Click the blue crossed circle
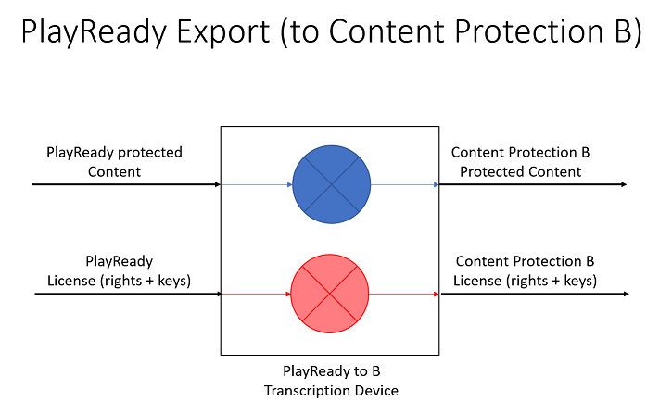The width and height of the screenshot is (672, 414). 331,183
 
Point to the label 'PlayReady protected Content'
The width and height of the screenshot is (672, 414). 114,161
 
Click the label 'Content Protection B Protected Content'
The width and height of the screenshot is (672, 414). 520,161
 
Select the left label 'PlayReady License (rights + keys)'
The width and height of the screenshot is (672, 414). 119,271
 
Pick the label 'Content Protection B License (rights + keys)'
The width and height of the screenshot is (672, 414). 525,271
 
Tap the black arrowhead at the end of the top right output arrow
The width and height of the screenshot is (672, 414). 624,184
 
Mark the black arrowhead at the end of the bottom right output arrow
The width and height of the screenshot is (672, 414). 627,295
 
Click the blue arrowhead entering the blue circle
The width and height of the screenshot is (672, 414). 290,184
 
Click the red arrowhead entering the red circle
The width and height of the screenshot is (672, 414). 288,295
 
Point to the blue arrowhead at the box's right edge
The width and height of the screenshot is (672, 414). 436,184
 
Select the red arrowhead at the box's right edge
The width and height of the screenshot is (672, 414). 436,295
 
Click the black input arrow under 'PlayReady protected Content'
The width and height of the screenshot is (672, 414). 125,184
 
